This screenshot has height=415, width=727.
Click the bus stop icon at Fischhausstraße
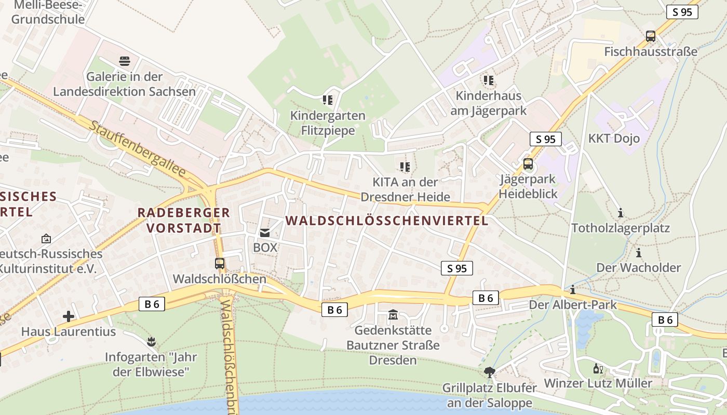tap(651, 36)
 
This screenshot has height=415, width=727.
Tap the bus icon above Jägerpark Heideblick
tap(528, 164)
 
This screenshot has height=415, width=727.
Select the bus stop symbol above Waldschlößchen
tap(220, 264)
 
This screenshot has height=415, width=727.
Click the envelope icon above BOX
tap(265, 233)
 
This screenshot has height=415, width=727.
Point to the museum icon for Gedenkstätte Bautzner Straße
tap(393, 315)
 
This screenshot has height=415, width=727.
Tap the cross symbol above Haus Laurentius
tap(69, 316)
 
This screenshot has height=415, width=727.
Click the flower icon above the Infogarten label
tap(151, 342)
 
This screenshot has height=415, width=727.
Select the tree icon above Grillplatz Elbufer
tap(489, 372)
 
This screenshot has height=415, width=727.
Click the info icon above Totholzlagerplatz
tap(620, 213)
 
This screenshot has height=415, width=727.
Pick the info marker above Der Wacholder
tap(639, 253)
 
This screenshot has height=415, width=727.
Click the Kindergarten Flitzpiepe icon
tap(327, 100)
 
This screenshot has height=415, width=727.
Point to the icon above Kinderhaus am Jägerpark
tap(488, 80)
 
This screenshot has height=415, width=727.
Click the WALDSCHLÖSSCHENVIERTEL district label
tap(387, 220)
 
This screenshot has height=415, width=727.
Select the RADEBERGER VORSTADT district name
tap(183, 220)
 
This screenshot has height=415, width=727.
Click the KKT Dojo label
tap(614, 139)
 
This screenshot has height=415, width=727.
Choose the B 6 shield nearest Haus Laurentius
tap(152, 304)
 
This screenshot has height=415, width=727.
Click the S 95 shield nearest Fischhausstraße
tap(682, 12)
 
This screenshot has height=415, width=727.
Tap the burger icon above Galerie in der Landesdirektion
tap(125, 61)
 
